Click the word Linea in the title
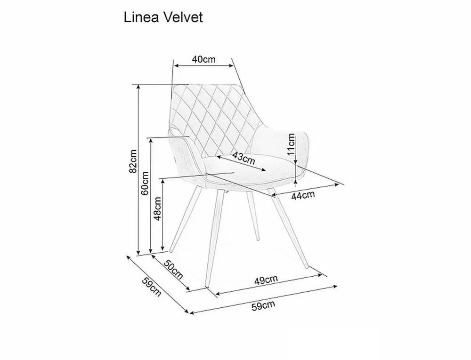[141, 17]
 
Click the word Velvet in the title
[183, 17]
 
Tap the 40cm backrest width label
[203, 59]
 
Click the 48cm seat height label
[157, 209]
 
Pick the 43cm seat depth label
[244, 158]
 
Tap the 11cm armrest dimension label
[291, 144]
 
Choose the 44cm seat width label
[303, 195]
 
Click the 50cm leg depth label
[173, 269]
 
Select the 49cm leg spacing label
[266, 280]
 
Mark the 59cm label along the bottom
[263, 306]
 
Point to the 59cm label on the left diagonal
[152, 287]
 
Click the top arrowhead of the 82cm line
[138, 87]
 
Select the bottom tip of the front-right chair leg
[307, 267]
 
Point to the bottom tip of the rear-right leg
[258, 239]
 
